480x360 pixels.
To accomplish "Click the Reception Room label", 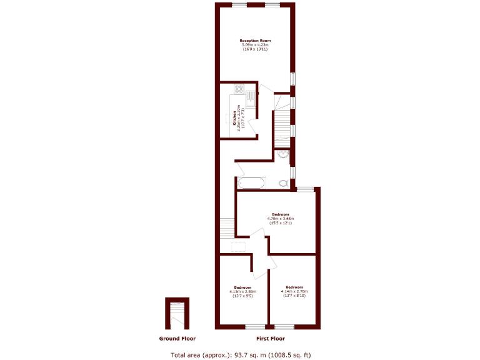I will click(x=255, y=41).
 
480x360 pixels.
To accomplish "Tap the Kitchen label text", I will click(x=234, y=118).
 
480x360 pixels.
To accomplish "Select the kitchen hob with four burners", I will click(x=239, y=89).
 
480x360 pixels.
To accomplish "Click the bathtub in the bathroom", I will click(x=250, y=183).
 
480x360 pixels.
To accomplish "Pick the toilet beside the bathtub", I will click(x=284, y=183).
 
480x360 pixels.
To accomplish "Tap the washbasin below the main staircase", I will click(x=281, y=154).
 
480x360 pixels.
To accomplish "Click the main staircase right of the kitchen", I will click(x=282, y=125).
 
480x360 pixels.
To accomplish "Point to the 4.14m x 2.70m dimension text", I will click(x=294, y=291).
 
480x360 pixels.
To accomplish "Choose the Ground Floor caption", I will click(x=177, y=339).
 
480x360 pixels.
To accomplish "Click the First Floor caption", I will click(x=270, y=339).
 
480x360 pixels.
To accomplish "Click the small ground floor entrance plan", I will click(x=177, y=314).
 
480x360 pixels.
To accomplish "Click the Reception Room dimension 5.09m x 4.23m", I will click(x=255, y=45).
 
